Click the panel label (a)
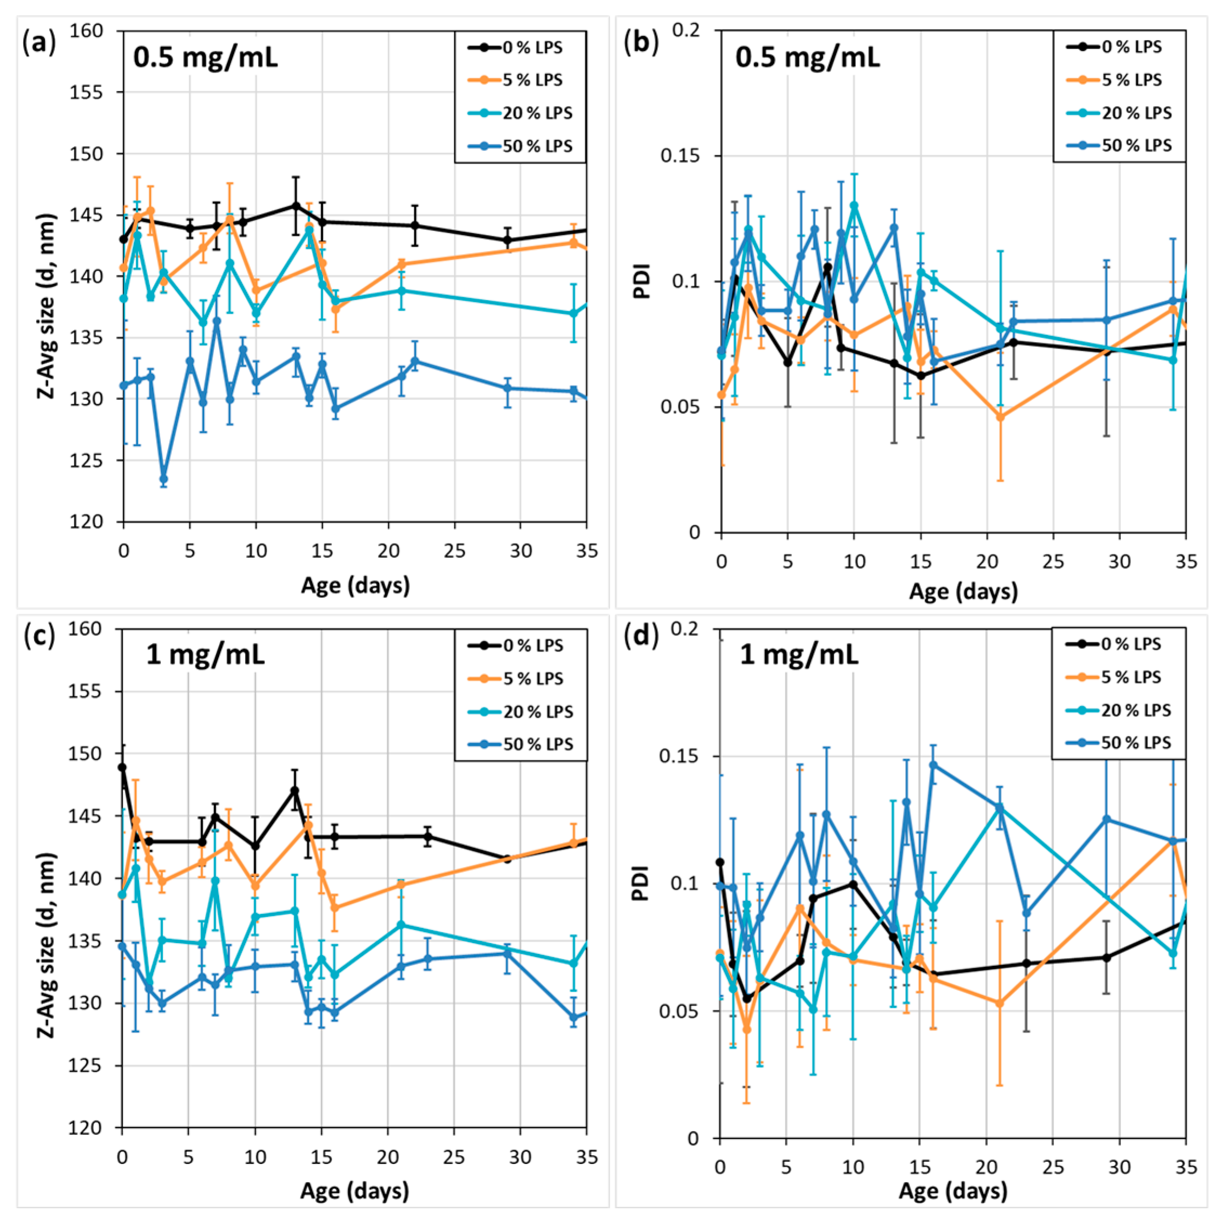[39, 44]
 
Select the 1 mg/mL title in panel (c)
[206, 654]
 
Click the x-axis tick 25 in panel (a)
[454, 550]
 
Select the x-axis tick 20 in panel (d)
[986, 1166]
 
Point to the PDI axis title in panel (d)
[642, 883]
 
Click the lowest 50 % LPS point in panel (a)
[163, 479]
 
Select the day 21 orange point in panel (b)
[1000, 417]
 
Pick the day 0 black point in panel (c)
[122, 767]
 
